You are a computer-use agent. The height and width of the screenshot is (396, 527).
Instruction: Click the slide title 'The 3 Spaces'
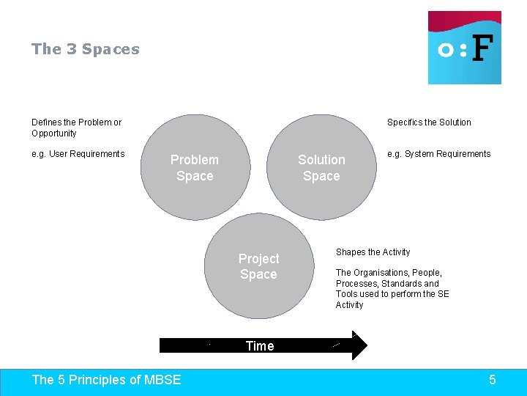point(85,49)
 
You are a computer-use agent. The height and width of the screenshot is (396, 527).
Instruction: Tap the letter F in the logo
point(482,49)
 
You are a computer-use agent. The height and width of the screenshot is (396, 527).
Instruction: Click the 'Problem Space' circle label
point(195,168)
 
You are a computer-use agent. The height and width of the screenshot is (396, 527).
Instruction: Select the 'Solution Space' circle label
point(321,168)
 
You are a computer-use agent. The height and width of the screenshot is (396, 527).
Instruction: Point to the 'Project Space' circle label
point(258,267)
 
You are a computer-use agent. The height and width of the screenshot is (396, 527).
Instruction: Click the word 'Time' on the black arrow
point(260,346)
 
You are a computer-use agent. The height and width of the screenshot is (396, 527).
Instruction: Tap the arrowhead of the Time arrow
point(359,345)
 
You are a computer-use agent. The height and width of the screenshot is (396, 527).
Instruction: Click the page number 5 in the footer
point(492,379)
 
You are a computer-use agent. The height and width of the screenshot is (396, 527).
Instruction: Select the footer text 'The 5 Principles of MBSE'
point(106,379)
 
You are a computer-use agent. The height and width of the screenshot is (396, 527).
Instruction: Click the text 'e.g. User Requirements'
point(78,154)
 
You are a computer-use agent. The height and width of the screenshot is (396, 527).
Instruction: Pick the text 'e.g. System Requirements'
point(438,154)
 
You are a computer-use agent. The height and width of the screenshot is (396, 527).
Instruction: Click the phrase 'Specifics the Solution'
point(429,122)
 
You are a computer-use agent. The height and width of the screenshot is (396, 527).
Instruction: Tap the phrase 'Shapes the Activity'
point(373,252)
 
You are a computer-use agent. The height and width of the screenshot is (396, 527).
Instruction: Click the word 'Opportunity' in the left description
point(54,133)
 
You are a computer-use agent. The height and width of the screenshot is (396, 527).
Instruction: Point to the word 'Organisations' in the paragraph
point(381,273)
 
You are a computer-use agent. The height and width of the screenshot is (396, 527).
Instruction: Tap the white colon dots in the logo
point(463,50)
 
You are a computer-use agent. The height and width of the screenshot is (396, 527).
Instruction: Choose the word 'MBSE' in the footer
point(162,379)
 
